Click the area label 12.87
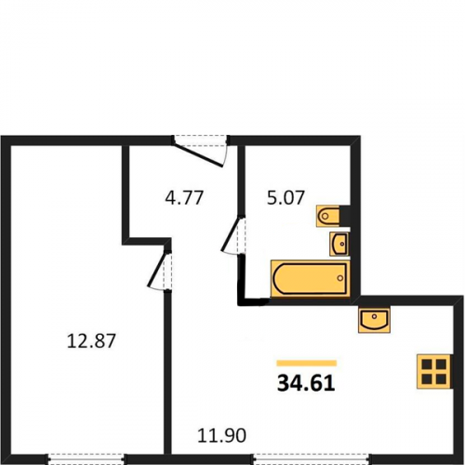(x=91, y=340)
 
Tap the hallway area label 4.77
(x=184, y=198)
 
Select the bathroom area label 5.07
(x=286, y=198)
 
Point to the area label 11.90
(x=222, y=435)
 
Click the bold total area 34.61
(x=306, y=383)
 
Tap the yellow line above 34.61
(x=307, y=363)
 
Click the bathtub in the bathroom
(x=311, y=278)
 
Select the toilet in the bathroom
(x=328, y=216)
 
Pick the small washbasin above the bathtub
(x=339, y=244)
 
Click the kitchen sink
(x=374, y=319)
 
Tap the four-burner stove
(x=433, y=371)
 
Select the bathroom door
(x=233, y=234)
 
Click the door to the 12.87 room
(x=159, y=269)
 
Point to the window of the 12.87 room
(x=86, y=458)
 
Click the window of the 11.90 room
(x=312, y=458)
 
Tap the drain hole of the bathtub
(x=340, y=278)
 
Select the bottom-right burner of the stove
(x=441, y=379)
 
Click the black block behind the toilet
(x=345, y=215)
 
